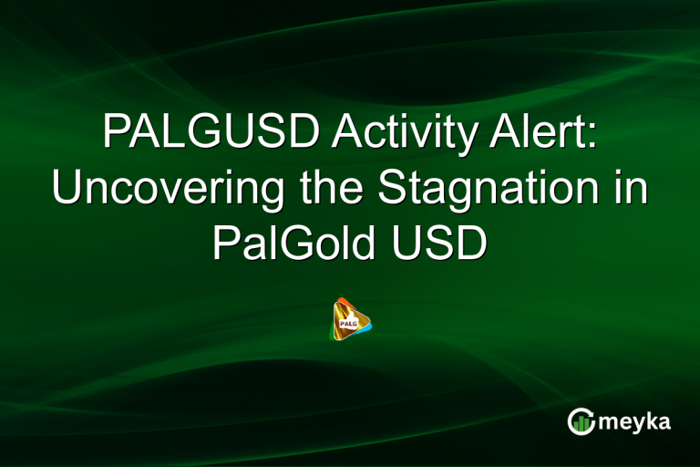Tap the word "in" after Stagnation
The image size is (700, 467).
(x=630, y=189)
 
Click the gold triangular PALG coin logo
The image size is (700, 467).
(x=352, y=321)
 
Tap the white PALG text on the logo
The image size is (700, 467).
(x=347, y=322)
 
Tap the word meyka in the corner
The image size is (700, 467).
(x=633, y=421)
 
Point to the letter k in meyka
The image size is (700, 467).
(x=651, y=420)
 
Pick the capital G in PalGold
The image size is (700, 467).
(x=287, y=244)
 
